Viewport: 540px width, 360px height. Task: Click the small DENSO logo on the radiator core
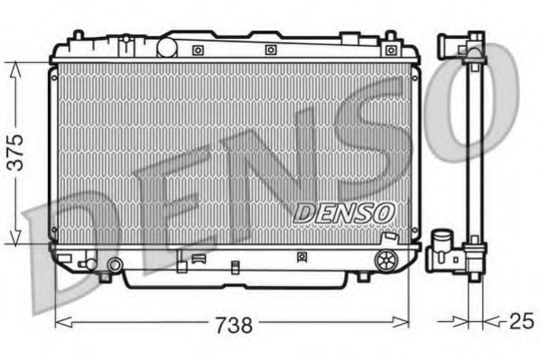345,211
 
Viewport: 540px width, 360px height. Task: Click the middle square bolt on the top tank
270,50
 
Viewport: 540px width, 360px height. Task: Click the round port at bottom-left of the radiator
115,265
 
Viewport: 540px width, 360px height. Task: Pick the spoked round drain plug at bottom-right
385,261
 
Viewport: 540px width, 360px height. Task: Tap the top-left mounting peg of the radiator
79,37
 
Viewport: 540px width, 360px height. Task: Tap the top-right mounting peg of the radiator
390,37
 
